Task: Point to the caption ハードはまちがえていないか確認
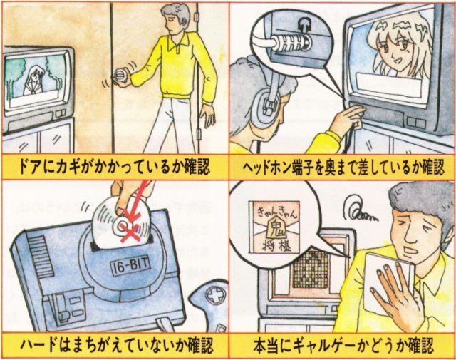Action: click(x=114, y=346)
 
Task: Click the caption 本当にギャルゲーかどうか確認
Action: click(x=342, y=346)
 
